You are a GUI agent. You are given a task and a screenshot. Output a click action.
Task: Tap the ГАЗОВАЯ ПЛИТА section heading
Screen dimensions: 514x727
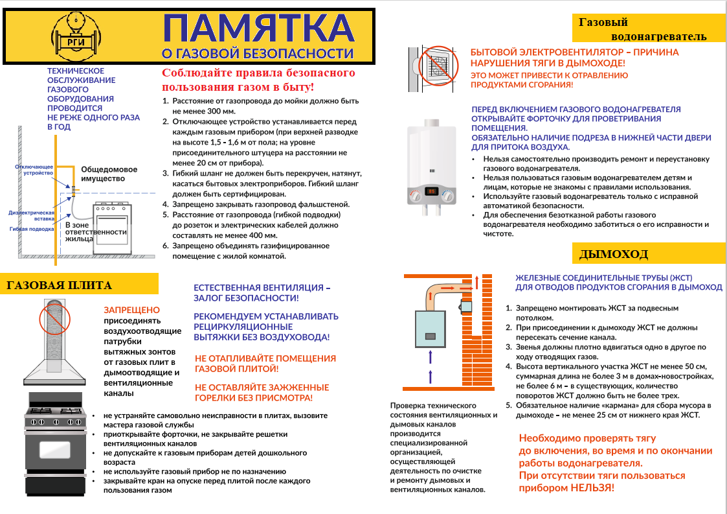coord(60,285)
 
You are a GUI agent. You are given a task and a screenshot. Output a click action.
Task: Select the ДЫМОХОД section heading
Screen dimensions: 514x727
coord(613,253)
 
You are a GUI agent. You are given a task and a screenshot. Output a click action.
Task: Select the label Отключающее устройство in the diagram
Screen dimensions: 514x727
coord(34,170)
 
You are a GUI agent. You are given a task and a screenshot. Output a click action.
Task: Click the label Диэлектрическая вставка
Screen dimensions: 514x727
coord(32,215)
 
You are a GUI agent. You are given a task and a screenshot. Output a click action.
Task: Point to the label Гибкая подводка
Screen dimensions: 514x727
coord(32,229)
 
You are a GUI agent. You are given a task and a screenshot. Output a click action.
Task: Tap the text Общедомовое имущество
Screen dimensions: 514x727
coord(103,174)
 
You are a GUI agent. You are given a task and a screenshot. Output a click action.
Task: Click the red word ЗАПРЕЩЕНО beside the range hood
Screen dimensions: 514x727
coord(131,310)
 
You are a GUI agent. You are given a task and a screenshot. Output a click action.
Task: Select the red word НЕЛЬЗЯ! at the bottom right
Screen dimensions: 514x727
coord(590,487)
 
